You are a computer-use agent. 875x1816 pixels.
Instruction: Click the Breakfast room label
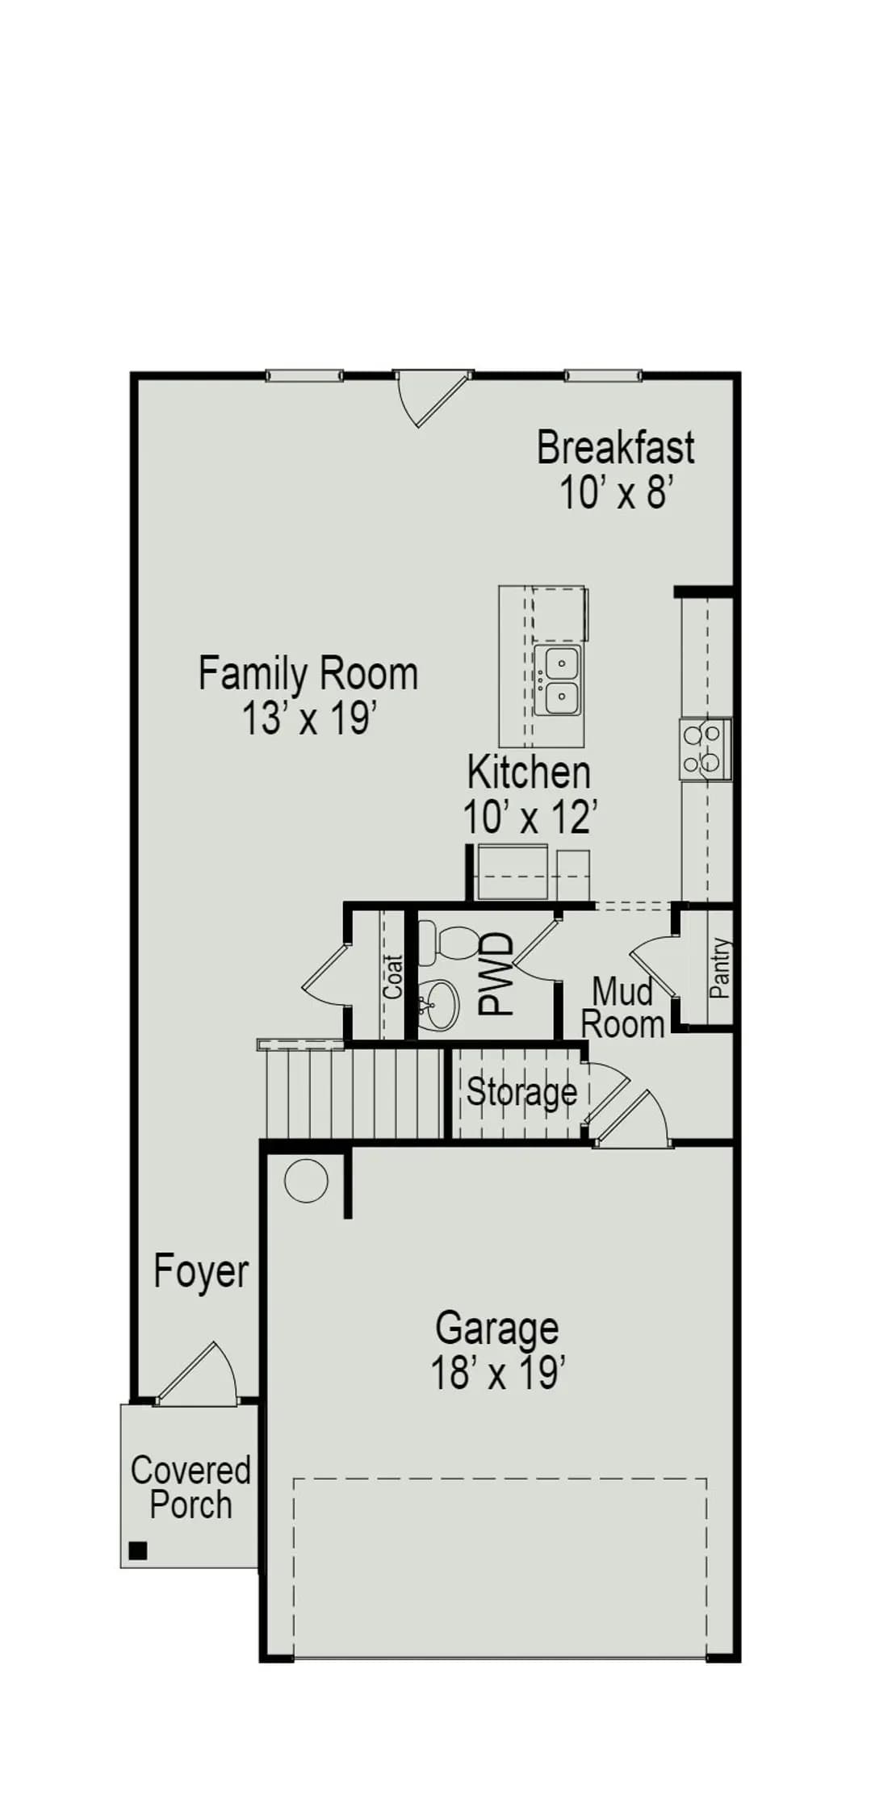tap(615, 448)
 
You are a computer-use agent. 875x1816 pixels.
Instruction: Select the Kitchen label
tap(529, 772)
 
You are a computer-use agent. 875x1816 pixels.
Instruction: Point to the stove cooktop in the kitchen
tap(705, 749)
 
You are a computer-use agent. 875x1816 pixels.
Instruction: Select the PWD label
tap(496, 973)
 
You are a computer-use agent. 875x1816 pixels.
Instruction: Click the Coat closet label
tap(393, 977)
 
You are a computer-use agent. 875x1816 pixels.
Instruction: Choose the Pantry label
tap(720, 968)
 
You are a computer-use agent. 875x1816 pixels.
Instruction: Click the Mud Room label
tap(623, 1008)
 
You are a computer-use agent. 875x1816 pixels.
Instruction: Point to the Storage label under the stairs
tap(522, 1092)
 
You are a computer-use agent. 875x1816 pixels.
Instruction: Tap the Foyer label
tap(201, 1272)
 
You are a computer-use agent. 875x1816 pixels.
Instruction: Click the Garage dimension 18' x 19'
tap(497, 1371)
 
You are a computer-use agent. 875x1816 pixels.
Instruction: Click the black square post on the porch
tap(138, 1550)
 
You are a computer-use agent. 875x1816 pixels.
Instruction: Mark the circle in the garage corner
tap(307, 1182)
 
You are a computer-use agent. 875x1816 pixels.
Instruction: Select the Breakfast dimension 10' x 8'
tap(616, 492)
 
